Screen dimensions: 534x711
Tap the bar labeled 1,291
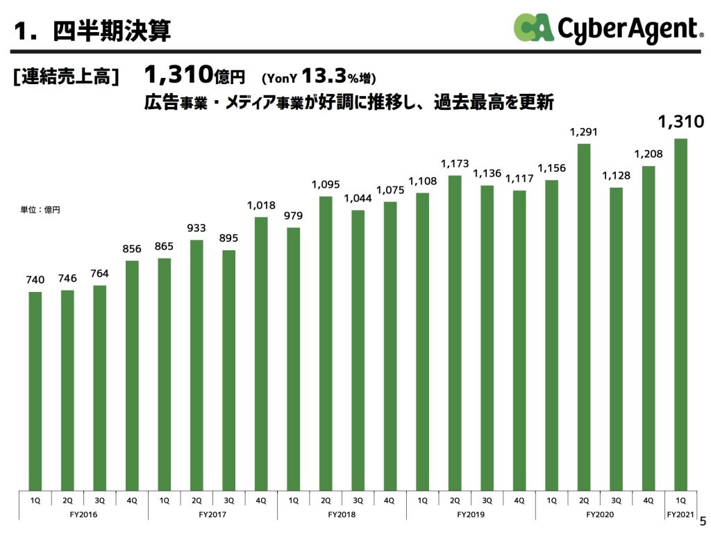584,316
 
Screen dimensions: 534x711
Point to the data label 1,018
261,205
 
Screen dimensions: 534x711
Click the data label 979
293,216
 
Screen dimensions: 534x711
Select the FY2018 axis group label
342,515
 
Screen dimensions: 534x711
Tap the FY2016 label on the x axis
83,515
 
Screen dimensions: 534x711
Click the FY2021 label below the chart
680,515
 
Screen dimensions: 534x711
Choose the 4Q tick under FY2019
519,499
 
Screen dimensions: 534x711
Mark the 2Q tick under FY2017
196,499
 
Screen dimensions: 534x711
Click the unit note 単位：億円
40,209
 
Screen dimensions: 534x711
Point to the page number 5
702,520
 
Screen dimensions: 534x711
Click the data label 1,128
616,175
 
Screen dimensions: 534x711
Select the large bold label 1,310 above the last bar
680,123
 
